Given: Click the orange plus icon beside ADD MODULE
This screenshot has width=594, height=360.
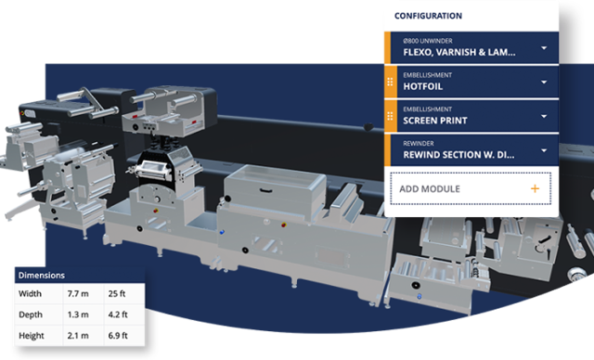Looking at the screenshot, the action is pyautogui.click(x=535, y=188).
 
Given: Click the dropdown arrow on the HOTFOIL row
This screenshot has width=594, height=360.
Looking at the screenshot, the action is pyautogui.click(x=544, y=82).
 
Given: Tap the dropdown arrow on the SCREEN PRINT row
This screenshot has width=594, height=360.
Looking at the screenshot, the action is pyautogui.click(x=544, y=115).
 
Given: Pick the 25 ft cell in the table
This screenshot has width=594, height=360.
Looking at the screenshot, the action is pyautogui.click(x=117, y=294).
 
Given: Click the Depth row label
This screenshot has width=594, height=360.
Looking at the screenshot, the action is pyautogui.click(x=32, y=315).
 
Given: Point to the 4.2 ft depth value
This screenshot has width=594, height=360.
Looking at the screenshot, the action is pyautogui.click(x=119, y=315).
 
